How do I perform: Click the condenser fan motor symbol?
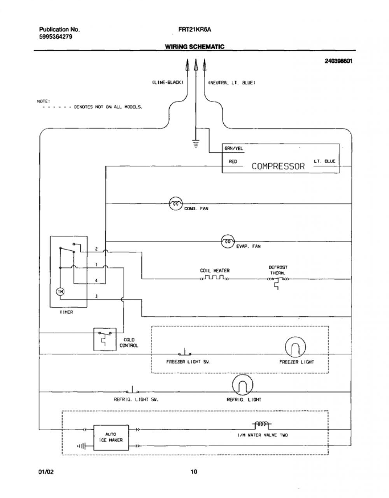(x=176, y=204)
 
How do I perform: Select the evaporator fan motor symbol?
(x=228, y=241)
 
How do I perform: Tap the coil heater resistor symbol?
(x=214, y=278)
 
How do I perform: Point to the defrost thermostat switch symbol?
(x=278, y=281)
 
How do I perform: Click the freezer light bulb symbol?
(x=295, y=347)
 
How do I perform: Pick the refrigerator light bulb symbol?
(x=243, y=385)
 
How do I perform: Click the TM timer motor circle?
(x=60, y=292)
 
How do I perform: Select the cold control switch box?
(x=105, y=340)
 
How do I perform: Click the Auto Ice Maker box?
(x=111, y=437)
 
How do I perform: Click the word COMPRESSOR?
(x=278, y=166)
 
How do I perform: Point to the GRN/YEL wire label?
(x=233, y=148)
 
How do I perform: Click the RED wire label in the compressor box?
(x=233, y=162)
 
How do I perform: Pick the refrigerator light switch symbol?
(x=132, y=390)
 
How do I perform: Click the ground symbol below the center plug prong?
(x=196, y=144)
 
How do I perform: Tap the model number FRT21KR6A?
(x=195, y=30)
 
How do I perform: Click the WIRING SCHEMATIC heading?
(x=195, y=47)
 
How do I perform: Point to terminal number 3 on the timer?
(x=96, y=296)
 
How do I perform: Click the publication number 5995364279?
(x=56, y=37)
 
